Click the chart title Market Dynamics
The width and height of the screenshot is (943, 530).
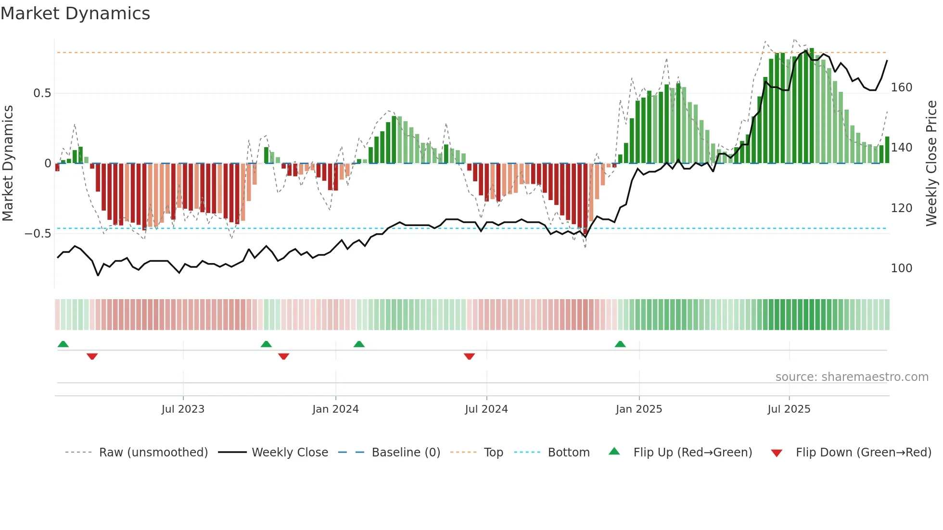[x=75, y=13]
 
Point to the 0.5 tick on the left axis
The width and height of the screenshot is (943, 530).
[x=42, y=93]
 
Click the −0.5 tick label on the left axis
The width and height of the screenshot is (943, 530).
[x=38, y=234]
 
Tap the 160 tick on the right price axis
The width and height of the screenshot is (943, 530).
[x=901, y=88]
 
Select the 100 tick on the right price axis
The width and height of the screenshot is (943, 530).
[x=901, y=268]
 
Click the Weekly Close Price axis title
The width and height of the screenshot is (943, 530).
[x=931, y=164]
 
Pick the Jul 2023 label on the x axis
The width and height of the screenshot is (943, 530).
[x=183, y=409]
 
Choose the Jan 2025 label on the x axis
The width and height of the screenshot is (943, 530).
[x=638, y=409]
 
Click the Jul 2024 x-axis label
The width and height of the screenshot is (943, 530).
[x=486, y=409]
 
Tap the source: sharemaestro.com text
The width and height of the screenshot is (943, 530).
[x=852, y=377]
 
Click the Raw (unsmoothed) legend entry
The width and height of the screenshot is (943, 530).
[x=153, y=453]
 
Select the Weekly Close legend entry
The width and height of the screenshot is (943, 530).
[x=290, y=453]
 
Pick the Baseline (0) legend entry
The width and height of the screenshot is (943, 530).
[x=406, y=453]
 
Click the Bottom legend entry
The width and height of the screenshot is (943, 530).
[x=568, y=453]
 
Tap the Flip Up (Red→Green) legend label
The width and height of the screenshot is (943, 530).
[x=692, y=453]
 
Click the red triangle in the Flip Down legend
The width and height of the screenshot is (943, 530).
[x=777, y=453]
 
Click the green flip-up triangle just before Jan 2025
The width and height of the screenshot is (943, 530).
[x=620, y=344]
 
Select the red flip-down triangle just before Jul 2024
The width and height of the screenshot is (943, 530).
[x=469, y=356]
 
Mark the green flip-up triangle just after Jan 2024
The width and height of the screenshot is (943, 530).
[x=359, y=344]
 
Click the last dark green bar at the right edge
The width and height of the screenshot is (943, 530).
[x=887, y=150]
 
